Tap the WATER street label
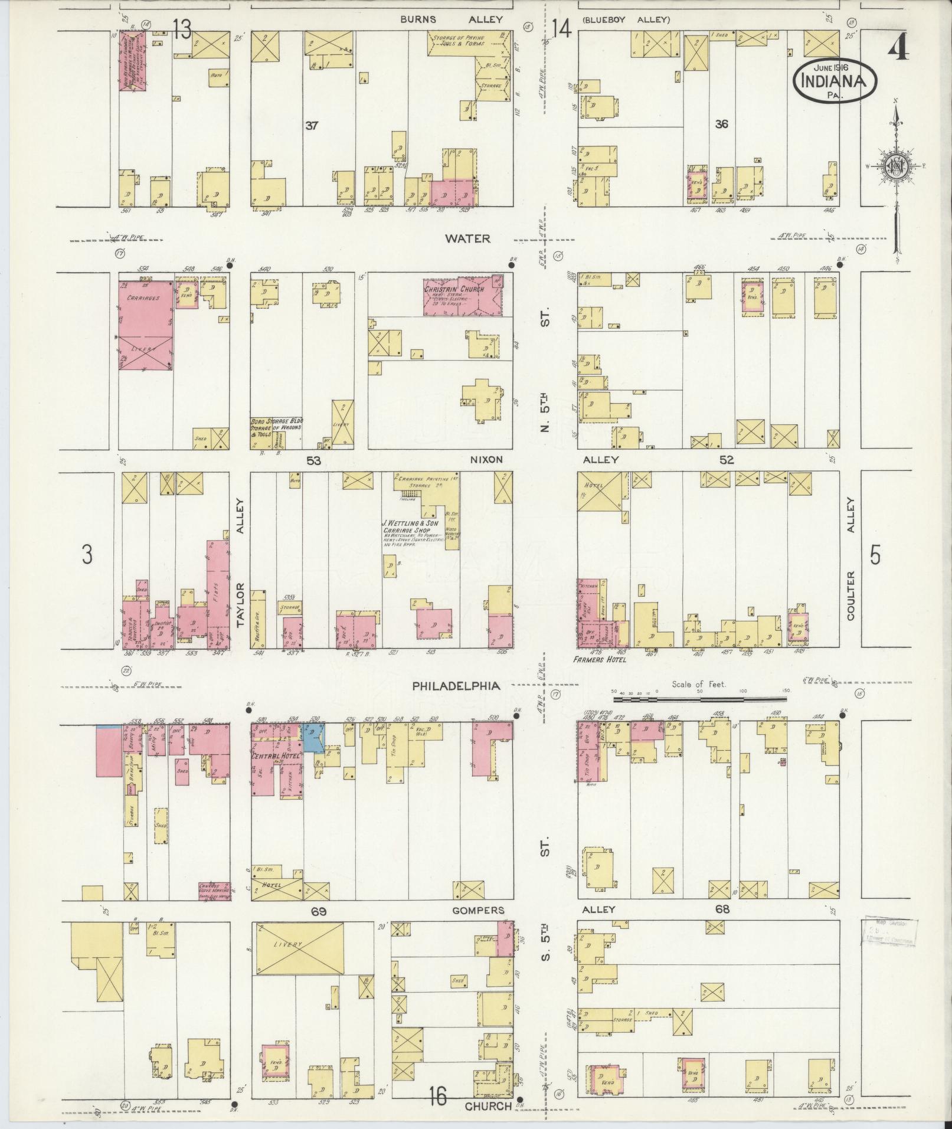(x=467, y=238)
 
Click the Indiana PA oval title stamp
(x=835, y=81)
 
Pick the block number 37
(x=312, y=125)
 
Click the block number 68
(x=722, y=909)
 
